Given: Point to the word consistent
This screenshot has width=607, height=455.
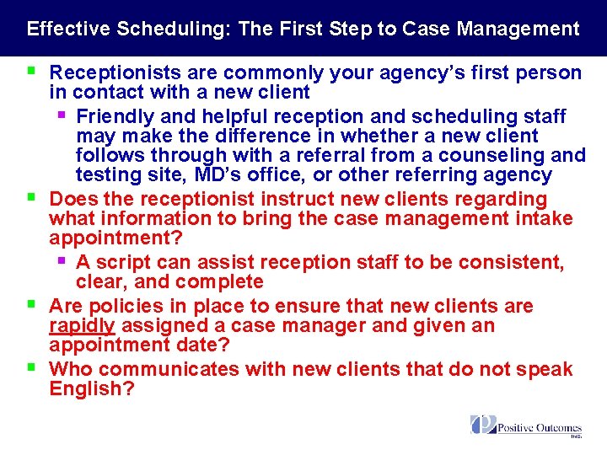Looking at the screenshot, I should pyautogui.click(x=515, y=263).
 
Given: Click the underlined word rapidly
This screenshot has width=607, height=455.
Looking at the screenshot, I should pyautogui.click(x=82, y=325).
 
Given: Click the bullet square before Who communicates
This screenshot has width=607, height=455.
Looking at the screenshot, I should pyautogui.click(x=30, y=367).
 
